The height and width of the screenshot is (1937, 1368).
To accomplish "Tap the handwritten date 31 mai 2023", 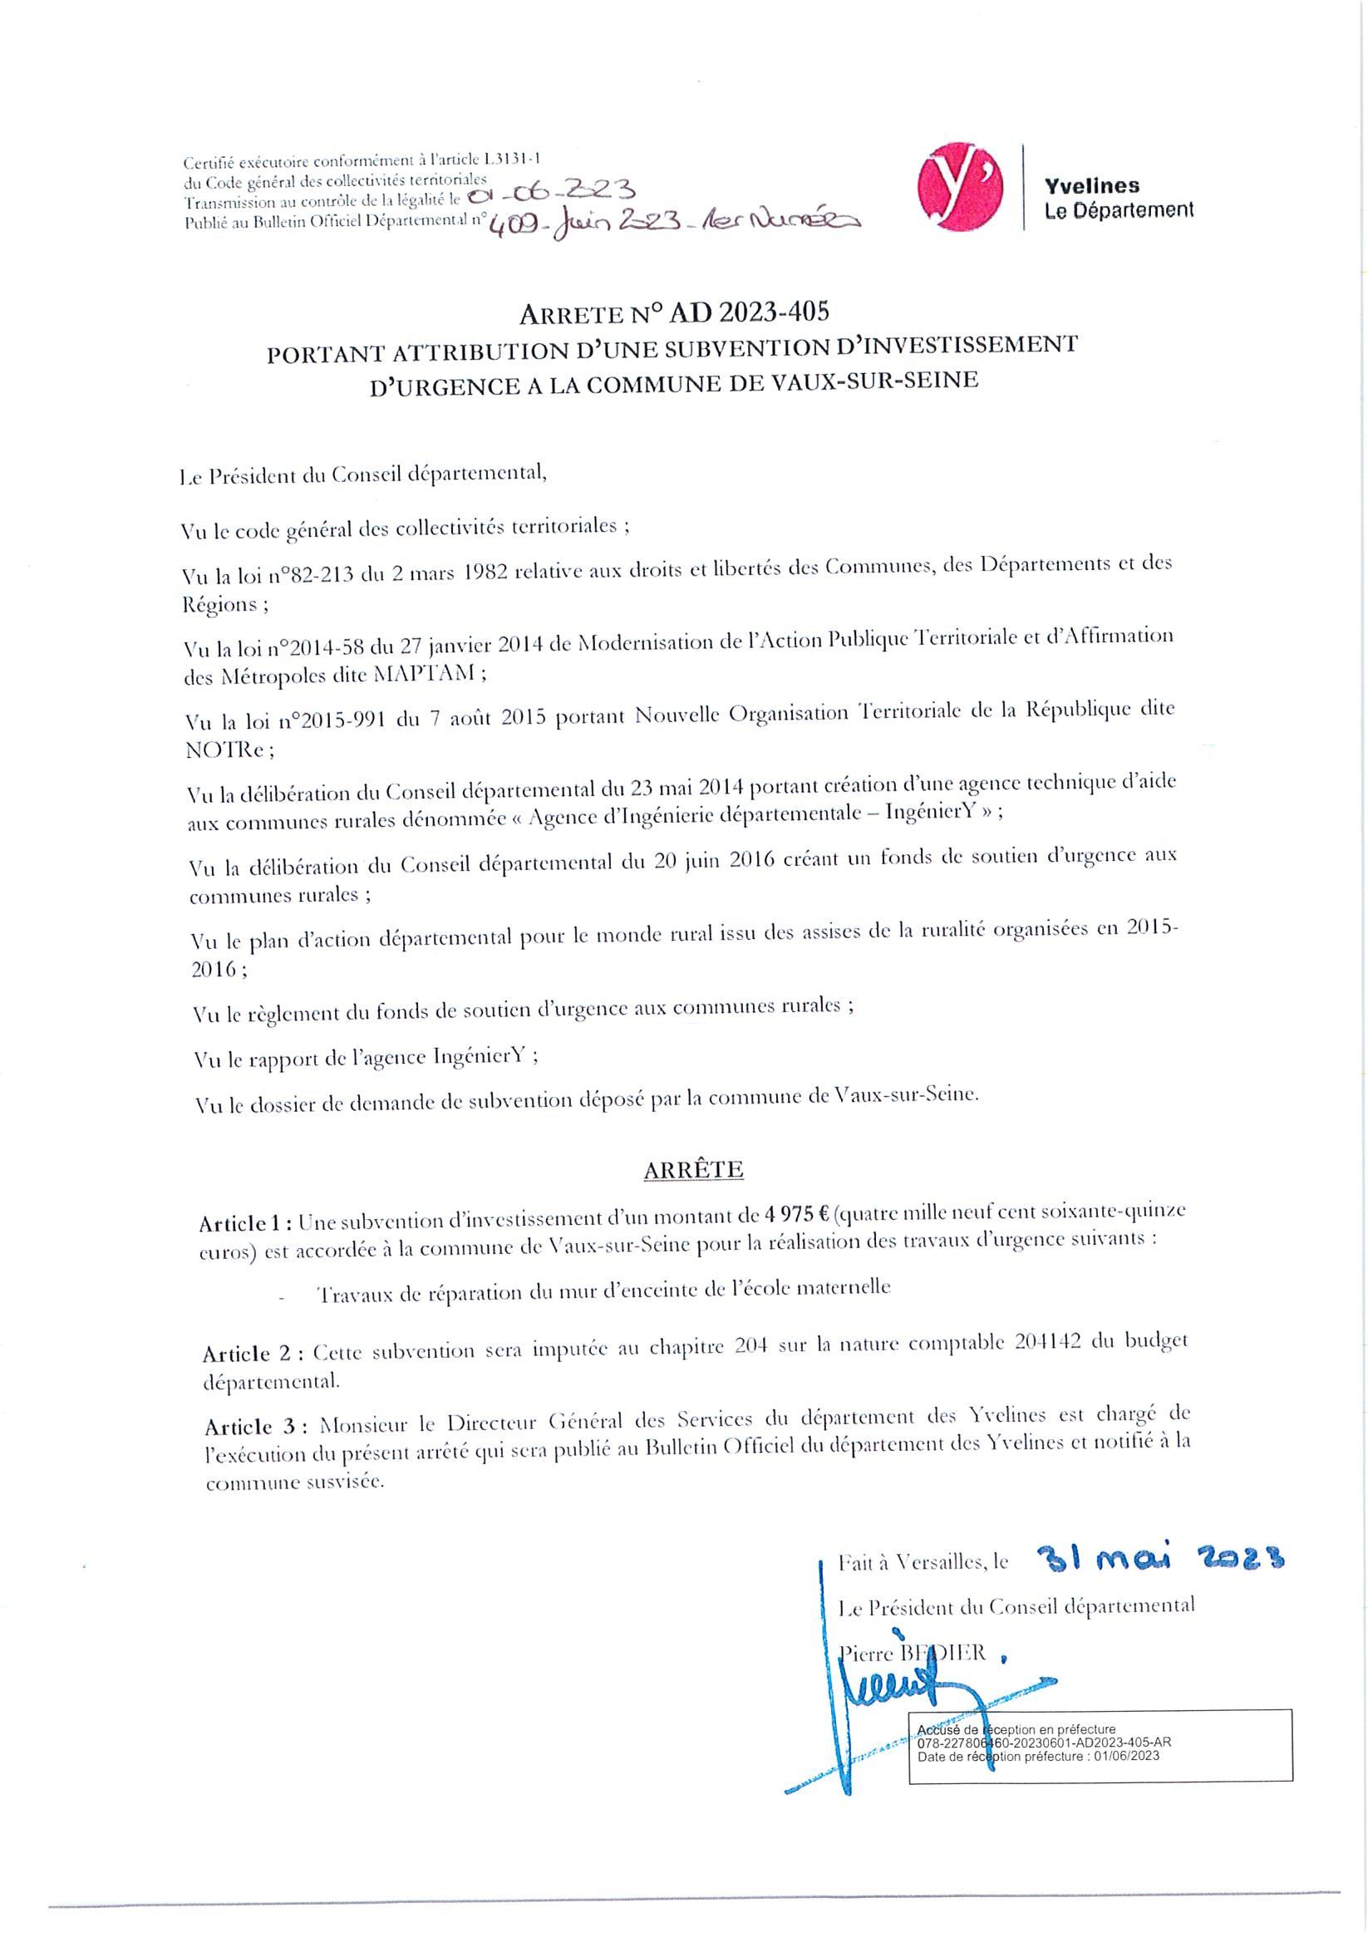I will click(1160, 1558).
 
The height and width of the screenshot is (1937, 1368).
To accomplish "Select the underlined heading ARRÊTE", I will click(693, 1169).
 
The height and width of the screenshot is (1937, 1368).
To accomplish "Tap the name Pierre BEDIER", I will click(914, 1652).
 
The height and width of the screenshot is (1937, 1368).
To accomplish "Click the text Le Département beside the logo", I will click(1119, 210).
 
